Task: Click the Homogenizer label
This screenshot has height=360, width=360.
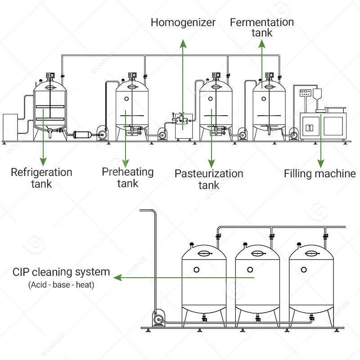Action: coord(183,22)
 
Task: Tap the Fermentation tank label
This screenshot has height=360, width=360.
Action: coord(261,27)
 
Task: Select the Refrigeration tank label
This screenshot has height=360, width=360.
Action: coord(41,178)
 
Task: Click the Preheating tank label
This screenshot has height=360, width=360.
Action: coord(127,177)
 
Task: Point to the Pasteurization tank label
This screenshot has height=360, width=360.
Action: coord(209,179)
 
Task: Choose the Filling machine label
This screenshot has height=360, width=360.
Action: coord(319,174)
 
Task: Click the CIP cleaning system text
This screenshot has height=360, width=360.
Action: coord(61,272)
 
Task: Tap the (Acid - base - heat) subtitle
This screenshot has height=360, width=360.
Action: coord(61,285)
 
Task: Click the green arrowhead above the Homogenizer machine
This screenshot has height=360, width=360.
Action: coord(183,43)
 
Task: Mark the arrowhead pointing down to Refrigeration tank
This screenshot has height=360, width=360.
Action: coord(43,160)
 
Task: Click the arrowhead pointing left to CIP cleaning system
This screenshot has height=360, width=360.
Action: coord(117,278)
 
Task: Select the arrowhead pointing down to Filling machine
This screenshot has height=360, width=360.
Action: coord(321,162)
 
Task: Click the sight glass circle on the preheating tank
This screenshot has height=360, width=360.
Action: coord(126,99)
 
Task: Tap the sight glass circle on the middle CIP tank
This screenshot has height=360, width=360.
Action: coord(250,270)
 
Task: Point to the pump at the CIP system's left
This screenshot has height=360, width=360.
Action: coord(158,319)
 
